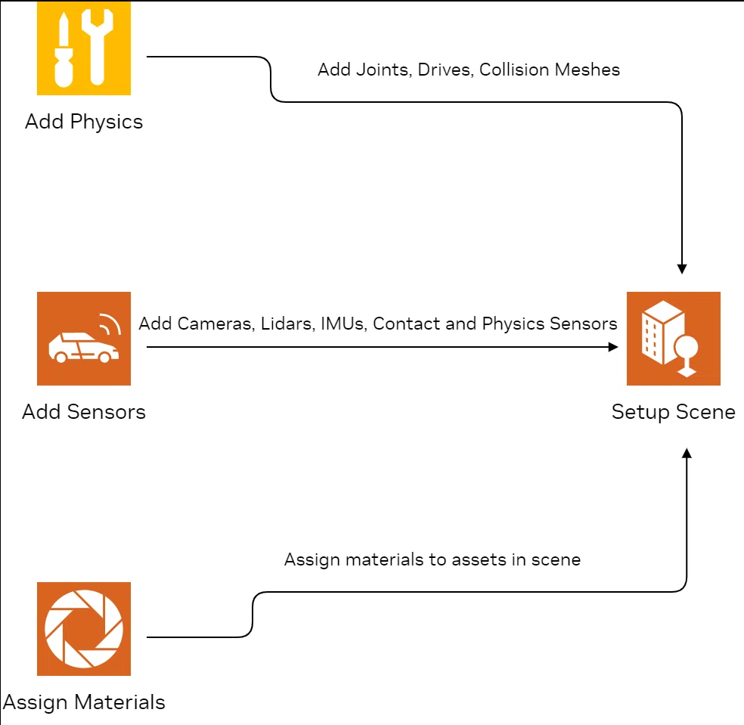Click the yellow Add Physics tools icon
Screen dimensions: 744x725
pos(84,48)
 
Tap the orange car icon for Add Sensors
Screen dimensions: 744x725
pos(84,338)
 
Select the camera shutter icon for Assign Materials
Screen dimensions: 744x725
pos(84,629)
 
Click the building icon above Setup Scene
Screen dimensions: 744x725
pos(673,338)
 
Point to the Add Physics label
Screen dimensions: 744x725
pos(84,122)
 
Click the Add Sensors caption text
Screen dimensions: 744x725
pos(84,412)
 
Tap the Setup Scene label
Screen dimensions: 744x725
pos(673,412)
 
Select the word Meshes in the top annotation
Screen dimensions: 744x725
pos(587,70)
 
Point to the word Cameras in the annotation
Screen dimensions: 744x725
pos(216,324)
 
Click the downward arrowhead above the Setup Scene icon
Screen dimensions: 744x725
pos(682,269)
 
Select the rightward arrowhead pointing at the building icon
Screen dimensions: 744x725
pos(613,347)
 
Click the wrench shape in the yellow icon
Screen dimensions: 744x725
pos(98,48)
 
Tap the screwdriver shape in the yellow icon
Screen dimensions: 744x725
pos(64,50)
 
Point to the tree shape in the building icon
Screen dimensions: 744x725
pos(686,356)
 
